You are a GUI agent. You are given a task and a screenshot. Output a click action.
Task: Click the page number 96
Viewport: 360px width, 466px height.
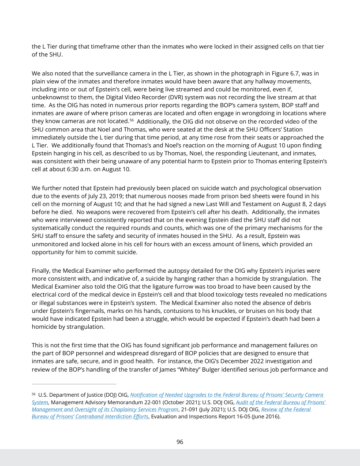pyautogui.click(x=180, y=442)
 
